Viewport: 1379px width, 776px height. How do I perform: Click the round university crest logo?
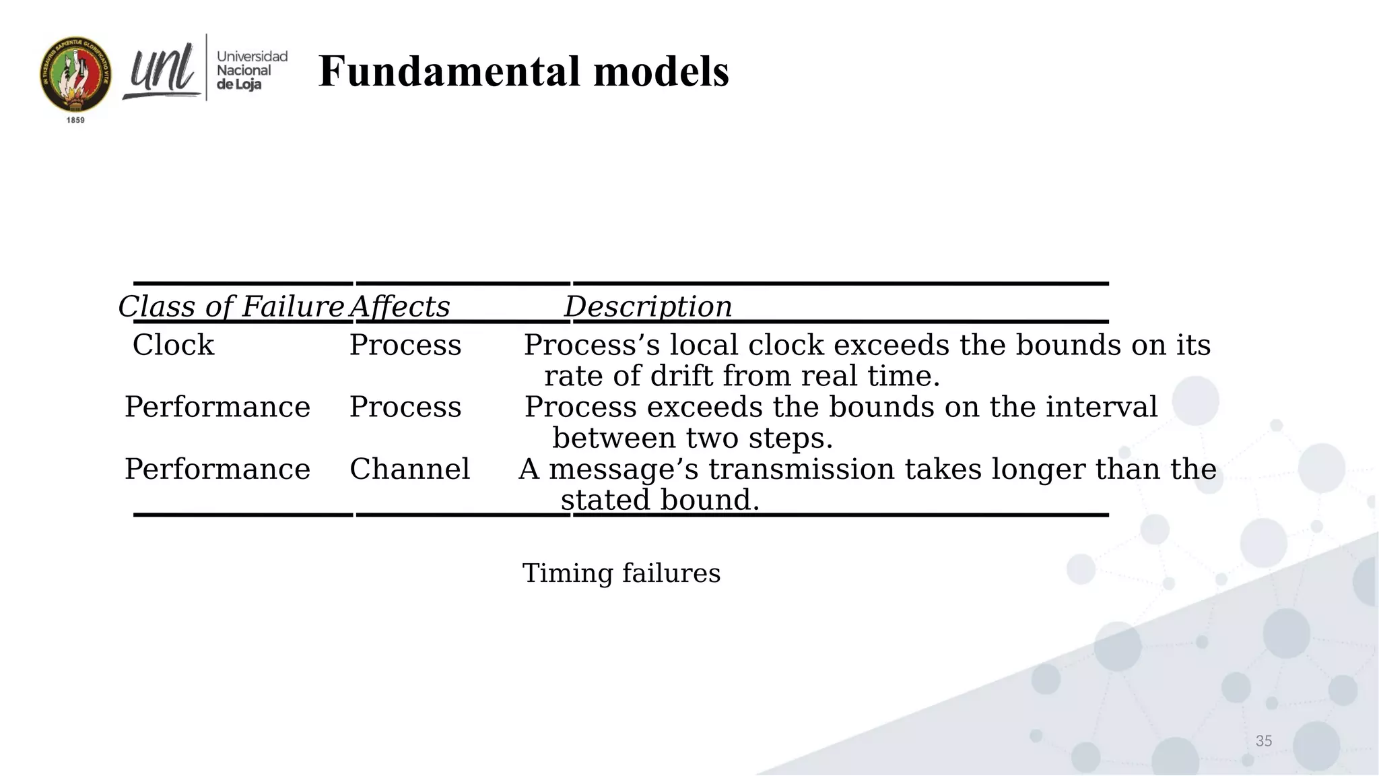(75, 75)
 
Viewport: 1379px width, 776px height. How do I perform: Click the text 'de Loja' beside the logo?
(239, 85)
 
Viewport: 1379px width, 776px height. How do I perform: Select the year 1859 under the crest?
(75, 120)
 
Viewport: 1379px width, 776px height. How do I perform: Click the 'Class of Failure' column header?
(231, 306)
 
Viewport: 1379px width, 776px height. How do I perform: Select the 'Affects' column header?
(399, 306)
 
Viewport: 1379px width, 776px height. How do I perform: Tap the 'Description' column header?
(648, 306)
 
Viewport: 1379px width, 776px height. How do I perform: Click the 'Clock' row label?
(173, 345)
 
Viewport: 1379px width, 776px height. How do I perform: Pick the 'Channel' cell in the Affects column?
(409, 469)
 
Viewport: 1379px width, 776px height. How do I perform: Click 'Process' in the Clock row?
(405, 345)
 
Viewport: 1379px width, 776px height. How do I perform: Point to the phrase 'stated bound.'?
(660, 500)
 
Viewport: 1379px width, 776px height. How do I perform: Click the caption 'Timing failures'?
(621, 573)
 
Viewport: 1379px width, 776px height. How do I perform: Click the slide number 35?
(1263, 741)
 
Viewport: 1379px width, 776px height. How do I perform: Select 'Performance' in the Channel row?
(217, 469)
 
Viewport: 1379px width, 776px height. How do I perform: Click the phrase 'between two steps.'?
(693, 438)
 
